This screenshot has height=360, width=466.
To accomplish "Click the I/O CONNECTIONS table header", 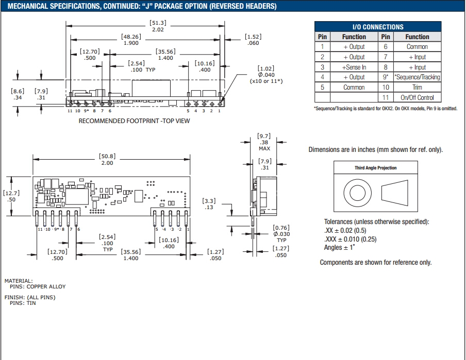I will point(378,27).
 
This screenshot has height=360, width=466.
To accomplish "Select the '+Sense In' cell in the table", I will point(354,67).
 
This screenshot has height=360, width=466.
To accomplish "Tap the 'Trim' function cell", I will point(417,87).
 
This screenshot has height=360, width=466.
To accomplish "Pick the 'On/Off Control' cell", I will point(417,97).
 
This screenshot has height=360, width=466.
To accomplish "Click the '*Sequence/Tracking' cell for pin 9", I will point(417,77).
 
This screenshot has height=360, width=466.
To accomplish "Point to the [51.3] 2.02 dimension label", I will point(158,26).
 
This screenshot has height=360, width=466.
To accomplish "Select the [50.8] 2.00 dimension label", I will point(107,159).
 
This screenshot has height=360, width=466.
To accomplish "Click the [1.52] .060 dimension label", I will point(253,40).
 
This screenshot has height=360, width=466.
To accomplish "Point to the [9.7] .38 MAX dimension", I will point(264,142).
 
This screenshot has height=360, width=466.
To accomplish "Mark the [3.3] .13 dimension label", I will point(209,204).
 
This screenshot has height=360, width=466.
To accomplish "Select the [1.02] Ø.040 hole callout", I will point(265,75).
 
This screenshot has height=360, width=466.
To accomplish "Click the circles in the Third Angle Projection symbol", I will point(357,194).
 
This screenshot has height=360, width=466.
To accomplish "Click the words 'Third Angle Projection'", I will point(375,168).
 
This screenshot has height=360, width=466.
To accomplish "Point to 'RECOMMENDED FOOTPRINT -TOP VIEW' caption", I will point(134,121).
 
